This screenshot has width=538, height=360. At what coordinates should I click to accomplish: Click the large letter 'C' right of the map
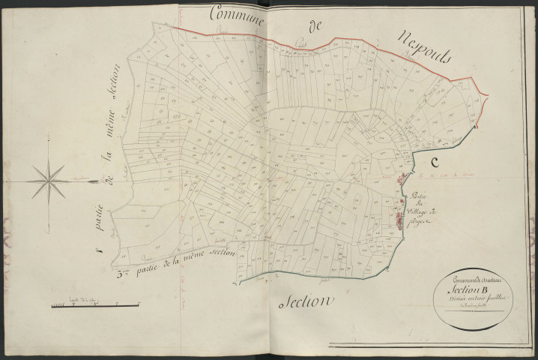click(433, 163)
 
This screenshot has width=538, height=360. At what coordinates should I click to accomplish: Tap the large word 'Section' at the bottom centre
click(305, 302)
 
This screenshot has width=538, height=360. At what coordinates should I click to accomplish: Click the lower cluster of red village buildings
click(399, 220)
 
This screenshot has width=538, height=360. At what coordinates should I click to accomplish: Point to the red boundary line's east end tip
click(489, 95)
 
